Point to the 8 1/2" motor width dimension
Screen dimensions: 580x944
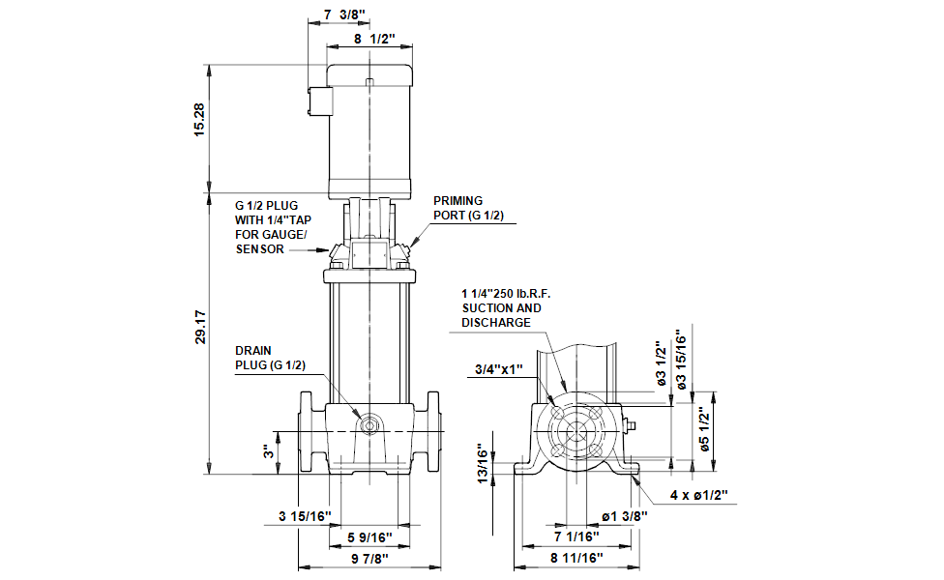pos(373,40)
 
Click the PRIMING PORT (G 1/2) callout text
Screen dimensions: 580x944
pos(468,208)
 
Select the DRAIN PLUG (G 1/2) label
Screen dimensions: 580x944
pos(271,358)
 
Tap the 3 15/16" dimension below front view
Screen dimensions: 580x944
pos(305,516)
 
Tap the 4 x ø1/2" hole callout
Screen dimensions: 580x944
pos(698,495)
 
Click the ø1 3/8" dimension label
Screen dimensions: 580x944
pos(624,516)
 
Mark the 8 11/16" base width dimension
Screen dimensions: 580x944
pos(577,559)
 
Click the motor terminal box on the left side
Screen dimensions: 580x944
pos(316,101)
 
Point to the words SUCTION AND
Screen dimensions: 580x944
pos(501,307)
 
